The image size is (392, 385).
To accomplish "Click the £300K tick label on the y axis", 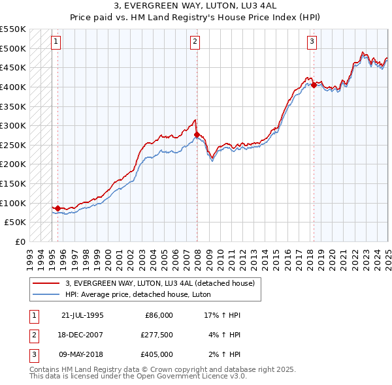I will (x=13, y=125).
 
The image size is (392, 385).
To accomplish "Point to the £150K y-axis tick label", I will (x=13, y=183).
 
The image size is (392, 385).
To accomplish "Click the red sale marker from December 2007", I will (x=197, y=135).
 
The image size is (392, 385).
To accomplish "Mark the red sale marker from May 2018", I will (x=314, y=85).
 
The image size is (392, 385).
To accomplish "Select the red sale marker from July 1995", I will (x=57, y=208).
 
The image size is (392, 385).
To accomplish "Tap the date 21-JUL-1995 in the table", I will (x=82, y=315).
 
